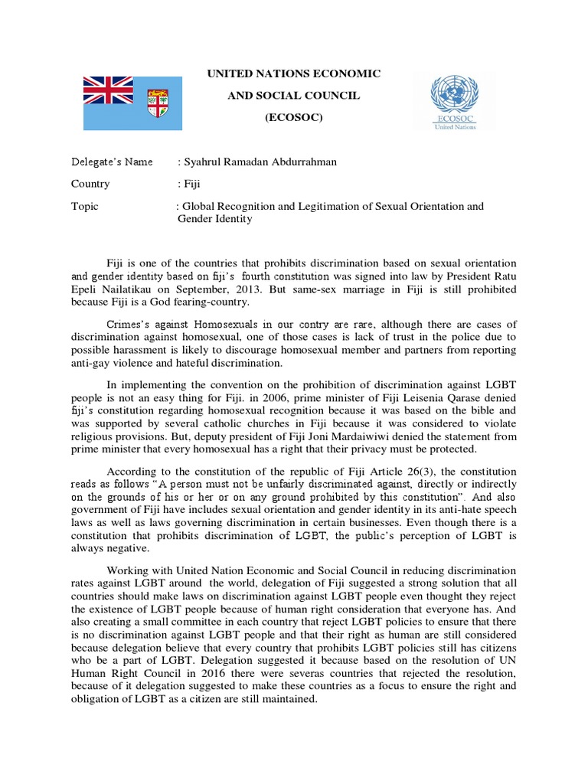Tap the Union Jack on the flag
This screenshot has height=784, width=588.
pos(107,89)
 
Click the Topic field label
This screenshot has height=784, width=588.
pos(84,207)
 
